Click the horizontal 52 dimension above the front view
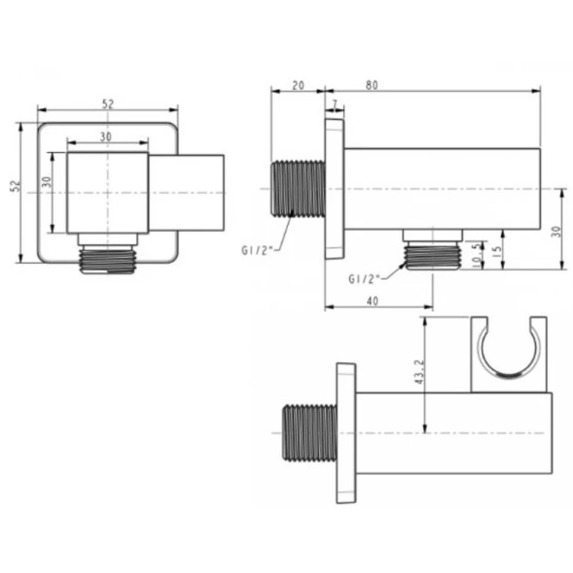[x=108, y=104]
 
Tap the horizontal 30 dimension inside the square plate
[x=106, y=136]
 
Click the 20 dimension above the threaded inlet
[x=298, y=85]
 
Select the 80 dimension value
[x=372, y=85]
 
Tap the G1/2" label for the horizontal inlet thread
[x=257, y=250]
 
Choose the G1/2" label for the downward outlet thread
[x=364, y=279]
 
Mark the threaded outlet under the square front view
[x=108, y=260]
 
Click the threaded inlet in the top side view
[x=297, y=189]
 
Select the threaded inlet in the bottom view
[x=310, y=433]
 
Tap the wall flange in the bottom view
[x=345, y=433]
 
